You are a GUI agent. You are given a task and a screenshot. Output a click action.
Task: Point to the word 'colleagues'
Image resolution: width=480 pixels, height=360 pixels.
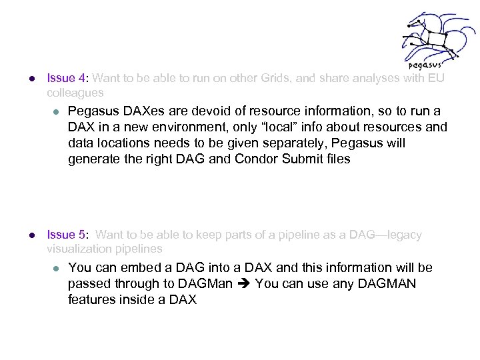click(75, 92)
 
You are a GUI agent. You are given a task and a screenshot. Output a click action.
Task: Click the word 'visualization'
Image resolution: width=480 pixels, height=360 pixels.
click(79, 248)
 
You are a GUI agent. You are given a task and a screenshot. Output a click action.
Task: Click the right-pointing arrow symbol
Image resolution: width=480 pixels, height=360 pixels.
click(243, 285)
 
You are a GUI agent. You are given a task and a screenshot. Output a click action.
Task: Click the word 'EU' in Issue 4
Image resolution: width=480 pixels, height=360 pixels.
click(437, 79)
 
